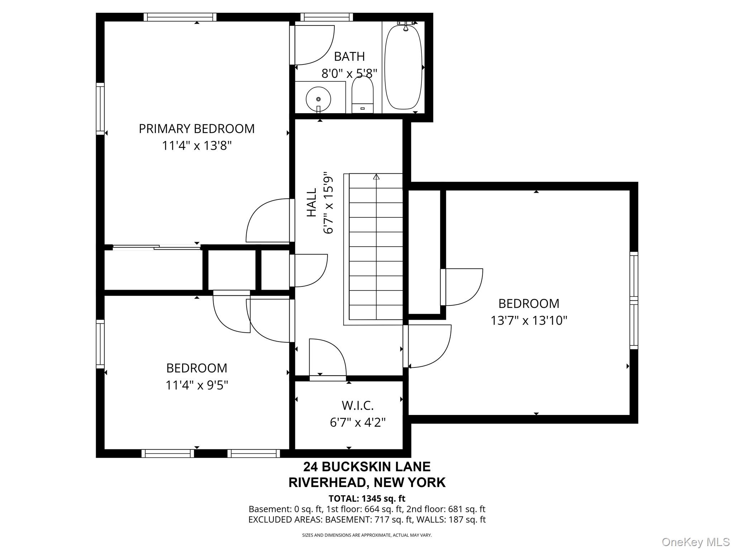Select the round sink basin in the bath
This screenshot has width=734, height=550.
(318, 99)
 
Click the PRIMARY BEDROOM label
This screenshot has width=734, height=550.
(197, 129)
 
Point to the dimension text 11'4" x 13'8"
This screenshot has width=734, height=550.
(197, 146)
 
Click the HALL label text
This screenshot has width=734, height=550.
(312, 203)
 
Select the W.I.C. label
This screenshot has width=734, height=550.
(358, 405)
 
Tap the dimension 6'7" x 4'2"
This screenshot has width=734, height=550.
(358, 423)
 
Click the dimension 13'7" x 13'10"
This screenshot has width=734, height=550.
(529, 320)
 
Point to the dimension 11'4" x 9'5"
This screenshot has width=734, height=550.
(197, 385)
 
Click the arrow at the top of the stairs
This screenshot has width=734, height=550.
(376, 176)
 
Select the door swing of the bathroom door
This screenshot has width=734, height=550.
(314, 45)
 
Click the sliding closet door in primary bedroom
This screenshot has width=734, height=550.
(157, 247)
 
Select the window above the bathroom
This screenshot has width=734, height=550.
(326, 17)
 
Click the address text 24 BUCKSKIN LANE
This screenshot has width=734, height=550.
(367, 467)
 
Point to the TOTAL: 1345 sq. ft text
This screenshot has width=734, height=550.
(367, 498)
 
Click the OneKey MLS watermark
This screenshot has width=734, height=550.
(696, 542)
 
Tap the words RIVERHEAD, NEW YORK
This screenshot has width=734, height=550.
(367, 483)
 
